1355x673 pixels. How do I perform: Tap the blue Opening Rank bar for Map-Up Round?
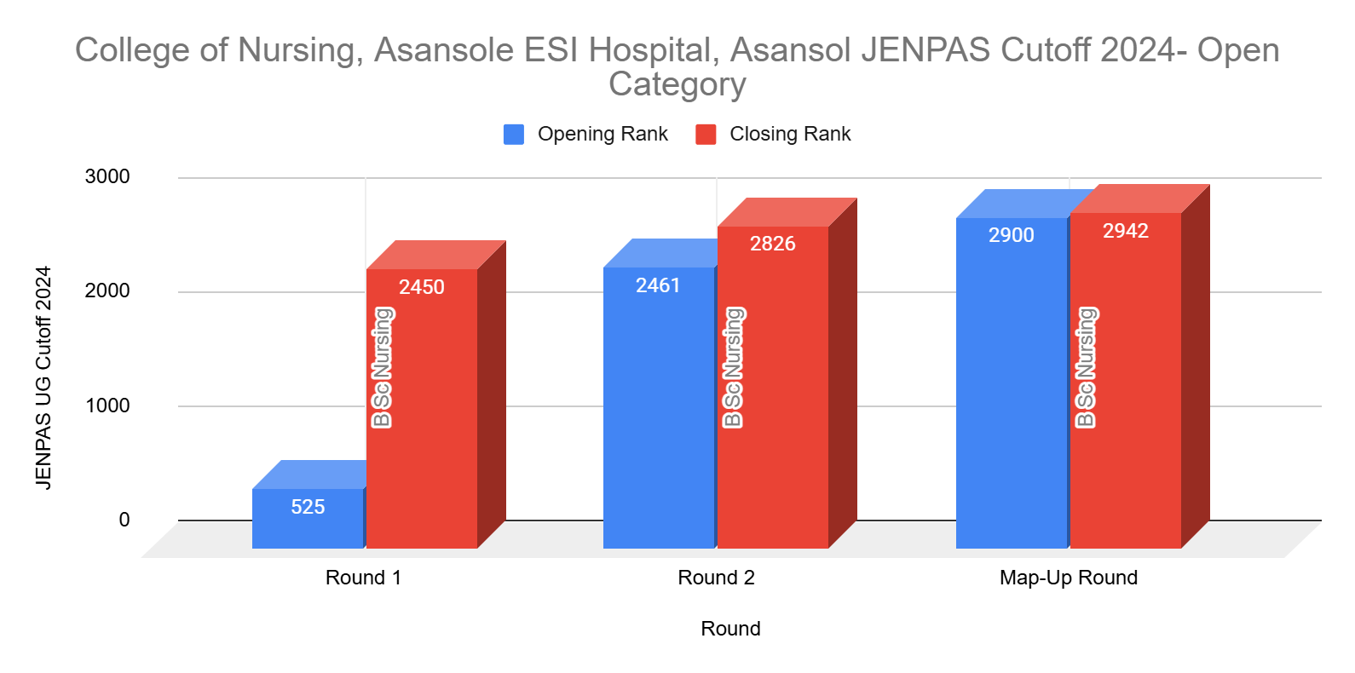click(1012, 392)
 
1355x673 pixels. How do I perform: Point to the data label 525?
click(308, 507)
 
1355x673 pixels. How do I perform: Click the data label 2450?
click(422, 287)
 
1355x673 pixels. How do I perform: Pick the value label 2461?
click(658, 285)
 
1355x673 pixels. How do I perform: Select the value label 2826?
click(773, 244)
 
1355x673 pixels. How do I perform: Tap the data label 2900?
click(1012, 235)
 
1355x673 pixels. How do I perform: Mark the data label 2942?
click(1126, 231)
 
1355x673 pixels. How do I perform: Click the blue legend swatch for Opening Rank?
click(514, 135)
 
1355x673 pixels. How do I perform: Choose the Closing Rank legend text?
click(790, 135)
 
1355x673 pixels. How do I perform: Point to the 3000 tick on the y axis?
click(107, 177)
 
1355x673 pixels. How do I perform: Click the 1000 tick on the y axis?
click(107, 406)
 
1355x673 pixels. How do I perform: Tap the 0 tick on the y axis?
click(124, 520)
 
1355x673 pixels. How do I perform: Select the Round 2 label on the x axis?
click(716, 578)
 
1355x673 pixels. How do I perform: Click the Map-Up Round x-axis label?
click(1069, 578)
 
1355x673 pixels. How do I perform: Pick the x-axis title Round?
click(730, 629)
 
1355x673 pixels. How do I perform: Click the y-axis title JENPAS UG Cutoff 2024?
click(43, 377)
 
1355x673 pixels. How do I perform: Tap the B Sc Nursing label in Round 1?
click(382, 368)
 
